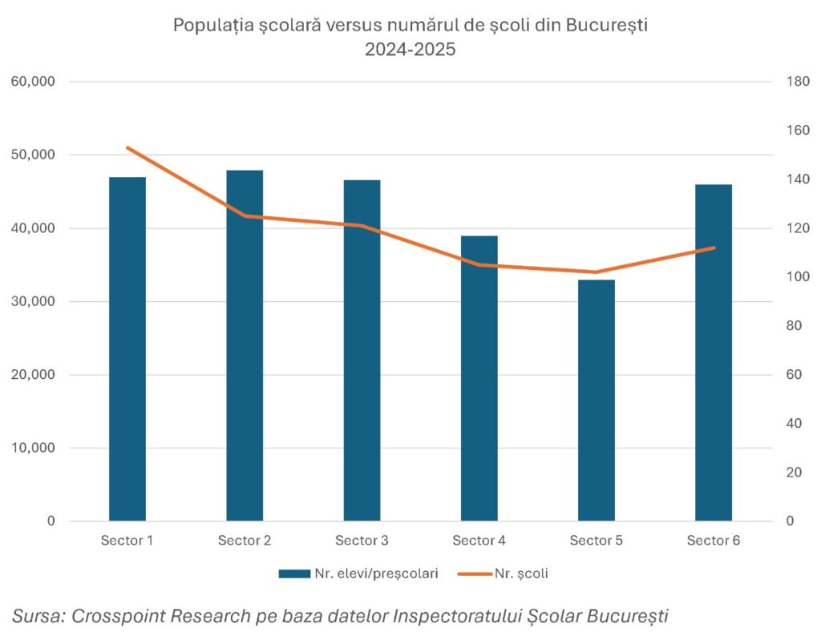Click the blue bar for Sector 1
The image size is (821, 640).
point(127,348)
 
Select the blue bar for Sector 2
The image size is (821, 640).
point(245,345)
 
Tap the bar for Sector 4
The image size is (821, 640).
point(479,378)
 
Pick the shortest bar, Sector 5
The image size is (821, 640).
point(597,400)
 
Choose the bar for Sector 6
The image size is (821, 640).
point(714,352)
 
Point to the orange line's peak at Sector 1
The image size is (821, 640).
point(127,148)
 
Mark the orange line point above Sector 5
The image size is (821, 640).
point(597,272)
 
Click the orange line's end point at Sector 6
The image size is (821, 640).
point(714,248)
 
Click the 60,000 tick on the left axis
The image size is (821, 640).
point(32,82)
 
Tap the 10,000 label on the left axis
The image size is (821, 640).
point(32,448)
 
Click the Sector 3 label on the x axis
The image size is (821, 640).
point(362,541)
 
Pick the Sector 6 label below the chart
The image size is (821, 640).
point(714,541)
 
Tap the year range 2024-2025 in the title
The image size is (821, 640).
point(410,49)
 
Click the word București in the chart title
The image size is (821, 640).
point(607,25)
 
